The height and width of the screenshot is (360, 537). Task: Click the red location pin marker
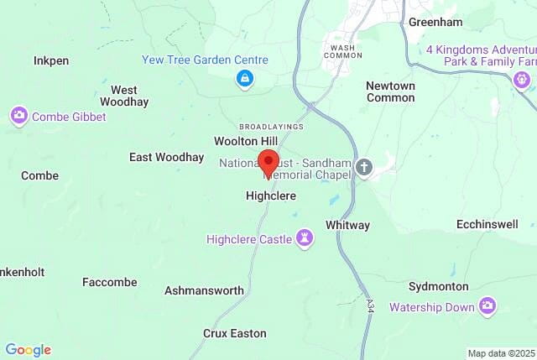[268, 162]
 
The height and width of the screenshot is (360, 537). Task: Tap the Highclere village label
[270, 196]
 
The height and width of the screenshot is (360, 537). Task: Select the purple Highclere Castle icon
[305, 239]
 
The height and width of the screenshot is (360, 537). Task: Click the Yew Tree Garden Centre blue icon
[244, 79]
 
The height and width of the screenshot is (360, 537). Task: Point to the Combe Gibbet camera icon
[18, 116]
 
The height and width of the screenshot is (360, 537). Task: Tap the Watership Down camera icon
[487, 307]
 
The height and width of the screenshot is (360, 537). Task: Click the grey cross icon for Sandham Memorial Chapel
[363, 166]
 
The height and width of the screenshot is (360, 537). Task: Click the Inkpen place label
[50, 61]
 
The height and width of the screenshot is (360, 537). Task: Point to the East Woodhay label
[166, 157]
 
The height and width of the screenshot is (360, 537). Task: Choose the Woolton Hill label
[245, 141]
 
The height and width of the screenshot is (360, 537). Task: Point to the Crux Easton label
[235, 333]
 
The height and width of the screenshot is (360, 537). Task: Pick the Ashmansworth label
[204, 290]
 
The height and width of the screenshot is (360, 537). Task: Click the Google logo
[28, 350]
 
